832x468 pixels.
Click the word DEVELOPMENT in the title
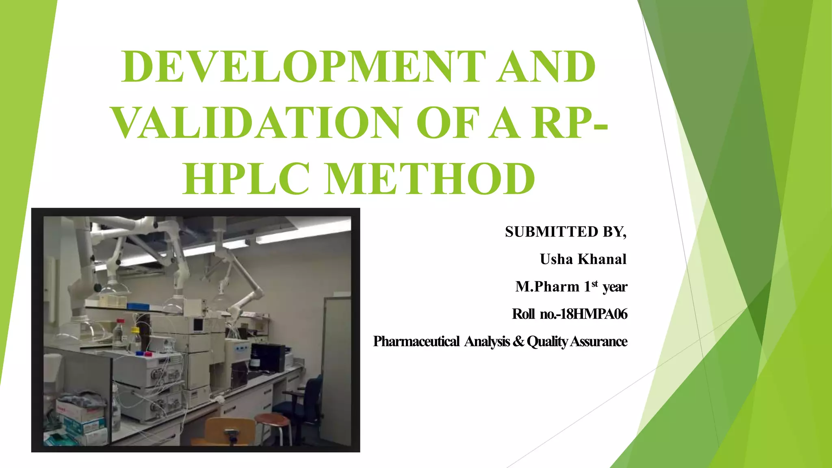[303, 67]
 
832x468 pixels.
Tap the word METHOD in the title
[430, 179]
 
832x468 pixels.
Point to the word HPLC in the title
[246, 179]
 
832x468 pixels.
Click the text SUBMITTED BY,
[565, 232]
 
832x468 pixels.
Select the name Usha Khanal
[583, 259]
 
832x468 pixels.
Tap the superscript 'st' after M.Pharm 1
[595, 284]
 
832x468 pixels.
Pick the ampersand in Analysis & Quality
[518, 341]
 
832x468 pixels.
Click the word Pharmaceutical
[416, 341]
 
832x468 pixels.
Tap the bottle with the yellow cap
[135, 337]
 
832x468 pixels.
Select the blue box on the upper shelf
[139, 306]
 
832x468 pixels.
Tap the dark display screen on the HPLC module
[198, 325]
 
